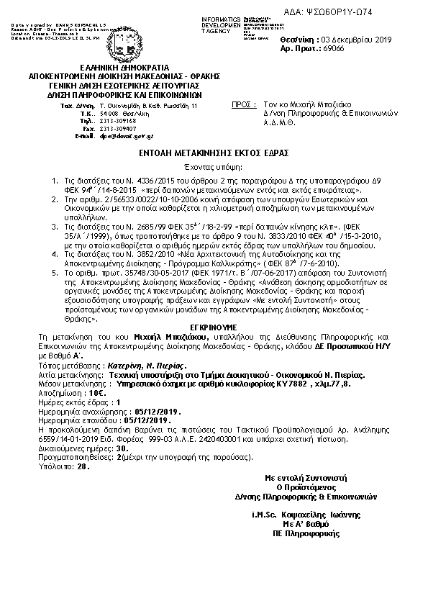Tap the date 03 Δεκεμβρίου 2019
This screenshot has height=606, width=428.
coord(355,40)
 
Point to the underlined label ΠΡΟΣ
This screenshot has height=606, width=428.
coord(245,106)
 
